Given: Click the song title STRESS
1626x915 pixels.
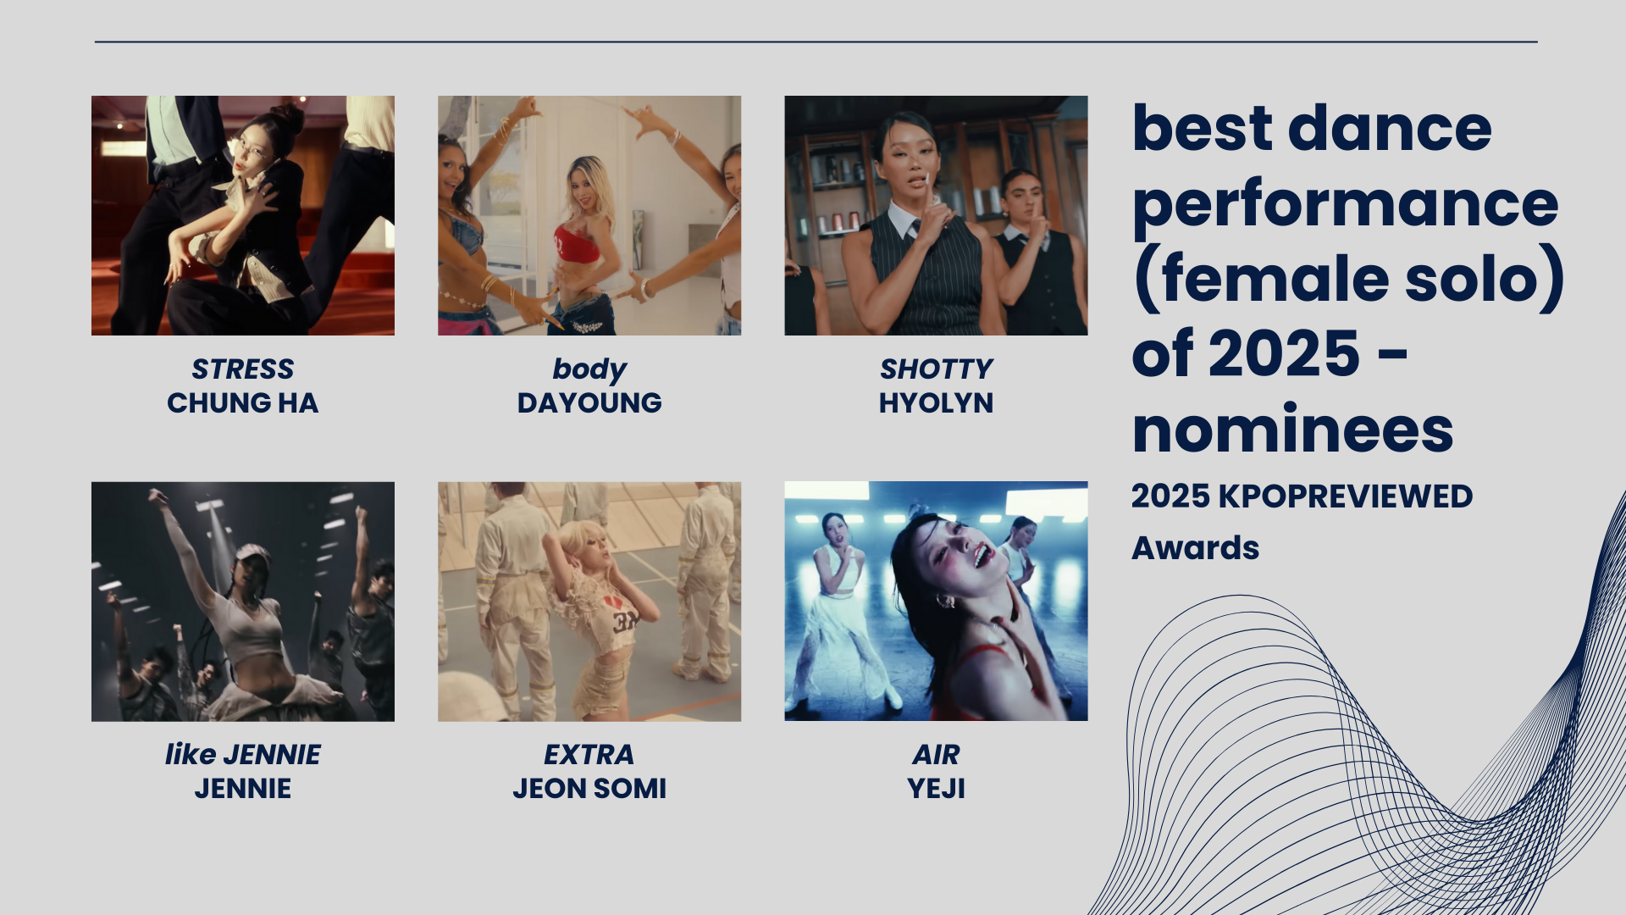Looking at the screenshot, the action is click(242, 369).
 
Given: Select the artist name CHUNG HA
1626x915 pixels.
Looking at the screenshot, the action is click(242, 403).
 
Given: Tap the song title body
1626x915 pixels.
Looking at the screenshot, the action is click(589, 370).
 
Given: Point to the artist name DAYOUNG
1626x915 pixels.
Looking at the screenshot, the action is click(589, 403).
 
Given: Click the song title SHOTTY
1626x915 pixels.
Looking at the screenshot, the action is click(936, 369).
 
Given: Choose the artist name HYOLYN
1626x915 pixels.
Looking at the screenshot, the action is click(936, 403).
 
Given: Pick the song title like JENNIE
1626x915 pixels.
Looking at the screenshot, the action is click(242, 755).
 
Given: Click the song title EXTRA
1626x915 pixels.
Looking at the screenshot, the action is click(589, 755).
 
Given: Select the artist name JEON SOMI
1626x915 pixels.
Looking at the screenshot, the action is click(589, 789).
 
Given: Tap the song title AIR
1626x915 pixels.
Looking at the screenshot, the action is click(936, 755).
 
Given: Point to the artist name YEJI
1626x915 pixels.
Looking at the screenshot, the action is click(936, 789).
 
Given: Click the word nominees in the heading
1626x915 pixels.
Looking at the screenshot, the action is click(1292, 431).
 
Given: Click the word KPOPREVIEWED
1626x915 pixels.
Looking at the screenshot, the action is click(1346, 496).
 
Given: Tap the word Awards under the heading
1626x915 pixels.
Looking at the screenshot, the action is click(1195, 548).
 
